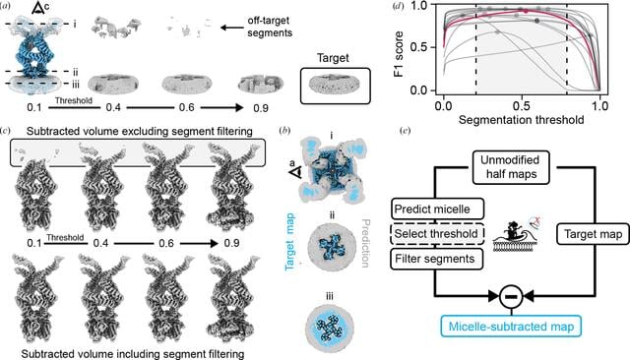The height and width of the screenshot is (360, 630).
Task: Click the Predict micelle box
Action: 437,210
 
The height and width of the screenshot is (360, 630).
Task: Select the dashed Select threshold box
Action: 437,233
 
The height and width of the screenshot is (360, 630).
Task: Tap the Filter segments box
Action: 436,259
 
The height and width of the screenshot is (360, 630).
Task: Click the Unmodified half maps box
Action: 510,167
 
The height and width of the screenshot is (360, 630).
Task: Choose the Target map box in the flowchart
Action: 593,234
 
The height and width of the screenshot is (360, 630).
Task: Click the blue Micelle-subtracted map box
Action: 511,327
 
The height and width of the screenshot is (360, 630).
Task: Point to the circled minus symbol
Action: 511,297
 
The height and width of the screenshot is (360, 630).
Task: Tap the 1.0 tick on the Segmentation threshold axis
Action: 599,106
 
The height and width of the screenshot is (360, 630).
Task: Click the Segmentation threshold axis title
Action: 521,120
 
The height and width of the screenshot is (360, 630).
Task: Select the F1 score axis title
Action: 400,54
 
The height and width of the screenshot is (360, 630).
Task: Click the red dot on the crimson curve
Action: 526,11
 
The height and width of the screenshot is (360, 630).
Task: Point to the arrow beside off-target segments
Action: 232,28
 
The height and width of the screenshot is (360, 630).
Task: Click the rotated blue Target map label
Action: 290,242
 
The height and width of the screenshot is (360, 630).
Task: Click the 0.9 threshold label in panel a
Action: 260,108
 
